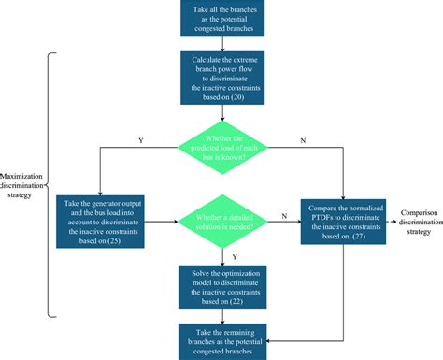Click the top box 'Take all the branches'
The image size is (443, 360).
222,19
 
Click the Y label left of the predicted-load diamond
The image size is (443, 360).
140,140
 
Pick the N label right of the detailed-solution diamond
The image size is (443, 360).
280,216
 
